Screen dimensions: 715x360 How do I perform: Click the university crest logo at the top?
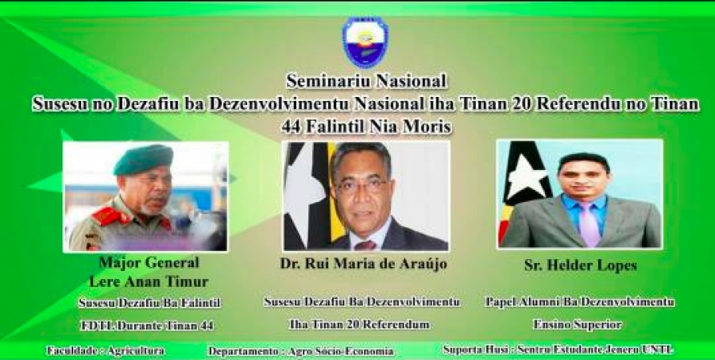[x=365, y=42]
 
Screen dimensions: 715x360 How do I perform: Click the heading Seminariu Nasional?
[x=366, y=81]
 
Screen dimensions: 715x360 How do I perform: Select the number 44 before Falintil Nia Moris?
[x=291, y=126]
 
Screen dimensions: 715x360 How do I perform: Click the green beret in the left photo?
[x=143, y=159]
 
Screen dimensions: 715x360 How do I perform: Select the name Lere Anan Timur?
[x=149, y=281]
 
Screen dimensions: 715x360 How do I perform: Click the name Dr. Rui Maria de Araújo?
[x=364, y=263]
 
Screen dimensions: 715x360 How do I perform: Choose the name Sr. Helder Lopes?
[x=581, y=265]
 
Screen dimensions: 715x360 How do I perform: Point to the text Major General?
[x=149, y=262]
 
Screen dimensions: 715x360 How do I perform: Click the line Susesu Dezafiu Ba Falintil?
[x=149, y=303]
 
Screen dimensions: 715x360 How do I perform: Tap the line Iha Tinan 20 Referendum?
[x=359, y=324]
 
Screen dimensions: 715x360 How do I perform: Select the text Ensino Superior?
[x=578, y=324]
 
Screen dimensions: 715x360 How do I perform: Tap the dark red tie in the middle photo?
[x=365, y=246]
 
